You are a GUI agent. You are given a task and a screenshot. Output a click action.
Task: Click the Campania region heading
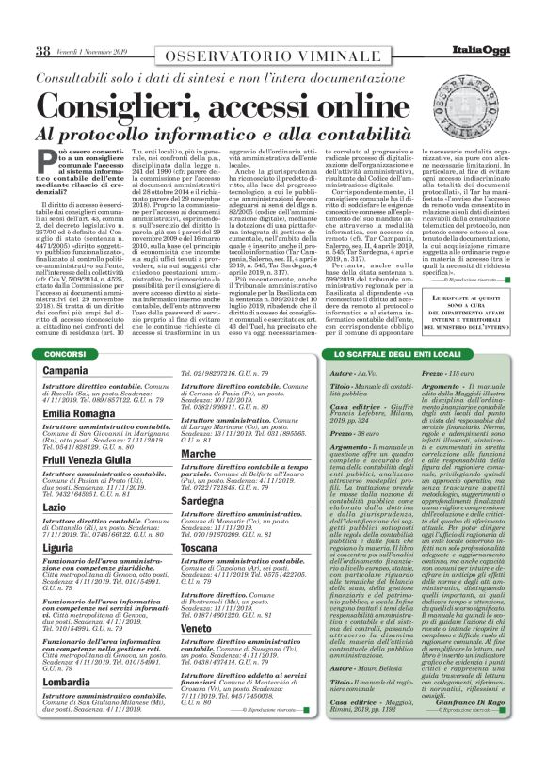(x=66, y=371)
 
